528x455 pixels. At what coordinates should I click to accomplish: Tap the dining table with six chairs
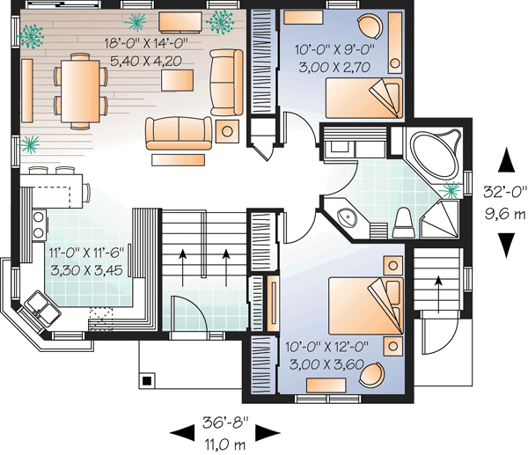(x=80, y=85)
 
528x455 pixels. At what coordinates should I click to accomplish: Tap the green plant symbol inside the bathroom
(x=453, y=189)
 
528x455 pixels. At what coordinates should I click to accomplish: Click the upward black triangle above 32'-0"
(x=507, y=160)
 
